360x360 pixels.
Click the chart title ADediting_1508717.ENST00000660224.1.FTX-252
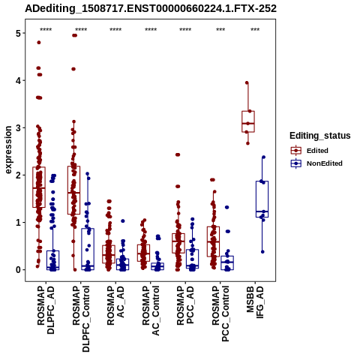151,9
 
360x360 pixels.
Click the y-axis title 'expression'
8,150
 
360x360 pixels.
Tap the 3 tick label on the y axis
19,127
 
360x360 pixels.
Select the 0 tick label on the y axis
19,270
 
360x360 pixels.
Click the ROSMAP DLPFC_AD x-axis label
46,310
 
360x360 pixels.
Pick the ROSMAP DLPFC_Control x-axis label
81,319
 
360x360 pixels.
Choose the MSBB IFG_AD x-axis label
255,302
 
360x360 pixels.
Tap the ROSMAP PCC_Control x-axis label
220,313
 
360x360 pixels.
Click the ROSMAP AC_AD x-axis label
115,305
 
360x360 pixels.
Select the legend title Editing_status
320,136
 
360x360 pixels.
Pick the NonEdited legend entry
316,163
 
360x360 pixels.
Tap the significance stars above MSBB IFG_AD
255,30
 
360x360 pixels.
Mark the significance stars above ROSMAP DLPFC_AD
46,30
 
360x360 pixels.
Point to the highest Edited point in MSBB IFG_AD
247,82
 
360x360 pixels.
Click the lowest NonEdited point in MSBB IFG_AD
262,252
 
